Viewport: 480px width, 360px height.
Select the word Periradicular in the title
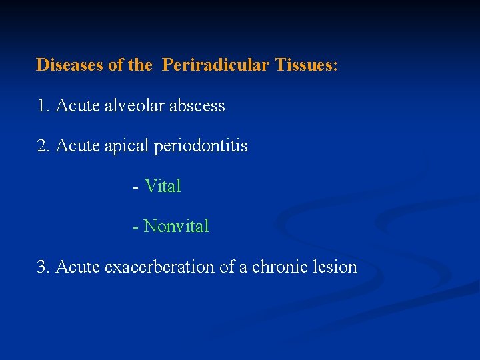[x=215, y=65]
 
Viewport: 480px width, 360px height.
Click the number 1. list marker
[x=44, y=106]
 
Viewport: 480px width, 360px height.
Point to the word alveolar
[x=134, y=106]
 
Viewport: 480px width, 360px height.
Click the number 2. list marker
[x=44, y=146]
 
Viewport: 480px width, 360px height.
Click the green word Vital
[x=163, y=187]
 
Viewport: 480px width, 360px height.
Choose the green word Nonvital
[x=176, y=227]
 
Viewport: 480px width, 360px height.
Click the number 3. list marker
[x=44, y=267]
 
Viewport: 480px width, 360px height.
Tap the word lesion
[x=336, y=267]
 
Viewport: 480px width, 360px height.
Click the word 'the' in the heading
[x=140, y=65]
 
